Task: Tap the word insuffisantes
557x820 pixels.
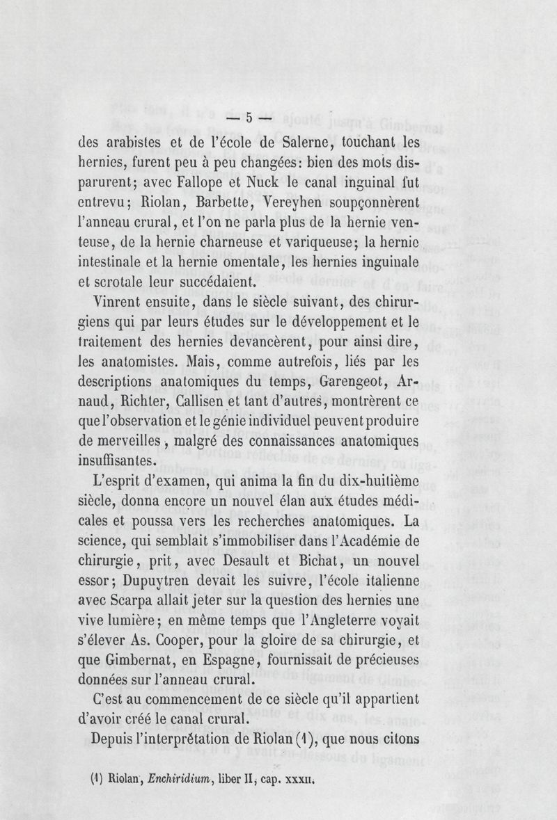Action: point(117,460)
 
